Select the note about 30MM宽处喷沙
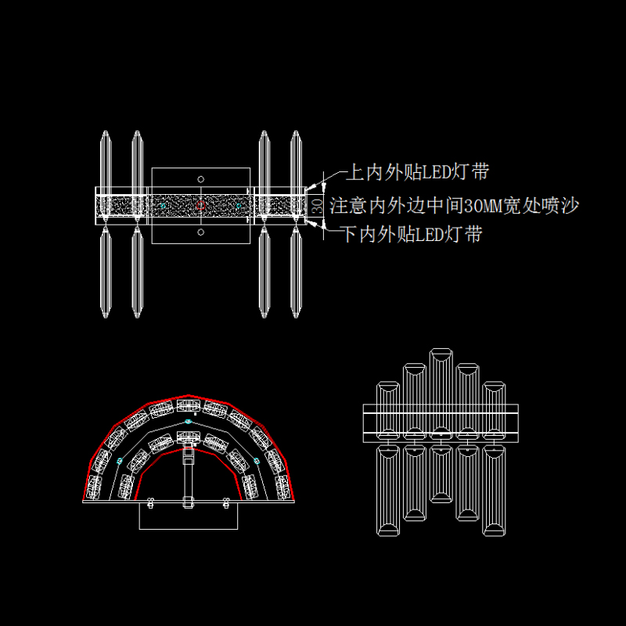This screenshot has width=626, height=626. click(454, 207)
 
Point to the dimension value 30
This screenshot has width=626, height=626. click(316, 206)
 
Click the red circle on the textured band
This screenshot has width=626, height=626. click(201, 206)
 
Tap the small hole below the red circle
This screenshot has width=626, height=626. click(201, 232)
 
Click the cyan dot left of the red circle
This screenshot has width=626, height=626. click(163, 206)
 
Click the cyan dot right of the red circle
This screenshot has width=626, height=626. click(239, 206)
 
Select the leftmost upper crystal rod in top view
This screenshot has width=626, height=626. click(106, 160)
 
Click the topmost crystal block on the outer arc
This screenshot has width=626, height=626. click(189, 405)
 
